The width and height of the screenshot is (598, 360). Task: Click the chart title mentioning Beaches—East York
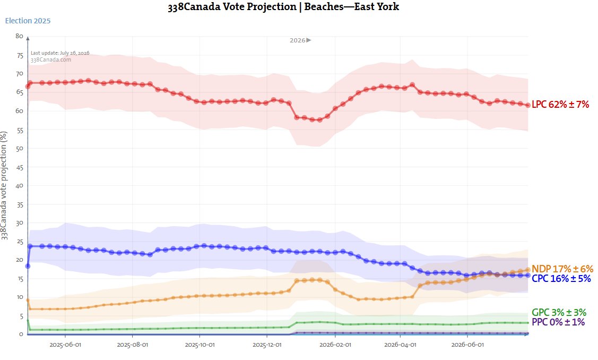[283, 7]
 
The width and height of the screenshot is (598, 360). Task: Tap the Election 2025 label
[28, 21]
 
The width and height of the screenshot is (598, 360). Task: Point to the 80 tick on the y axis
[19, 36]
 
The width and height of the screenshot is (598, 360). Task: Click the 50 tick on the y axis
[19, 148]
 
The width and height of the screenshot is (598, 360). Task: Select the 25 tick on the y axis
[19, 242]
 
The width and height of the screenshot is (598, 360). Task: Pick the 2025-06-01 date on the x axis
[65, 345]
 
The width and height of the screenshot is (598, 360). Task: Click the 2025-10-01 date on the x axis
[200, 345]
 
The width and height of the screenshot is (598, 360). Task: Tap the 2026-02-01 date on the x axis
[335, 345]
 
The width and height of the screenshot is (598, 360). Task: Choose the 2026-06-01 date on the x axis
[467, 345]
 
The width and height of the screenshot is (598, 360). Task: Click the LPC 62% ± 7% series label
[560, 104]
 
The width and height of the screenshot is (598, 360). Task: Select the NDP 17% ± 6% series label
[562, 269]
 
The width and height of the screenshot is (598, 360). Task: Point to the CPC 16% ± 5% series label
[561, 278]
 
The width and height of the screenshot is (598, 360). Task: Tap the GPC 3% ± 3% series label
[559, 313]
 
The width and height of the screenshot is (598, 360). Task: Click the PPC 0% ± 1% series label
[558, 322]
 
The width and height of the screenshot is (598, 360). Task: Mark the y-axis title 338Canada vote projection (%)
[4, 185]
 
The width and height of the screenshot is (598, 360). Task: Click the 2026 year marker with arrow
[300, 40]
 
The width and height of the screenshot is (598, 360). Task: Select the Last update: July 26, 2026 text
[60, 53]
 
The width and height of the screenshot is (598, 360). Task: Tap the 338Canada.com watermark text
[51, 59]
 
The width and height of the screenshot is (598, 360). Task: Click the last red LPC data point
[528, 105]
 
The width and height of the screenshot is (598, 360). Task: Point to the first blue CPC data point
[28, 266]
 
